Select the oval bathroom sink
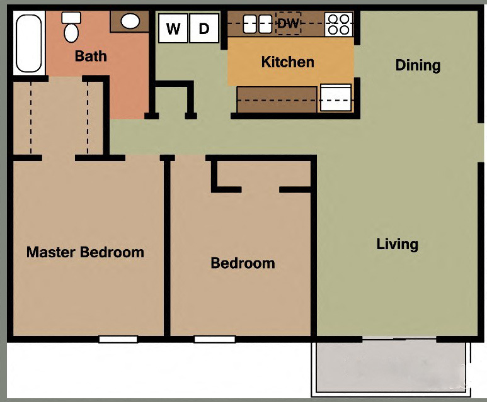point(130,21)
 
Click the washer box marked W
point(173,28)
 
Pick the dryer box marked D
point(203,28)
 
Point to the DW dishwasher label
point(289,24)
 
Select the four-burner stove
point(338,24)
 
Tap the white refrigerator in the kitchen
point(336,98)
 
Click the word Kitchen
point(287,62)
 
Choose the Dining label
point(417,65)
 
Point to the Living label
point(397,243)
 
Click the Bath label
point(91,56)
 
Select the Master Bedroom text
point(85,252)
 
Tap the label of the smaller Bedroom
point(243,263)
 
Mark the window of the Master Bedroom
point(118,340)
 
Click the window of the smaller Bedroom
point(214,340)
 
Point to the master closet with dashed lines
point(59,116)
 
